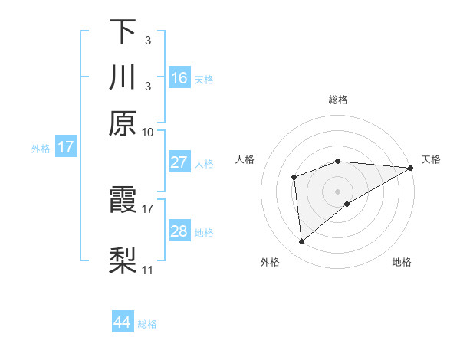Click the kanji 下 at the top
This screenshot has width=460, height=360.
(x=123, y=32)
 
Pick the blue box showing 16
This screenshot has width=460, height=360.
(x=179, y=78)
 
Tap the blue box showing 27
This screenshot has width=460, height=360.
(x=179, y=162)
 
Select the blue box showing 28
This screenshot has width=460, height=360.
(x=179, y=231)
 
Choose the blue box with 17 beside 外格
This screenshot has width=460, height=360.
(x=66, y=147)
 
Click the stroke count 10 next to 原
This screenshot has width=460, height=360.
(x=148, y=132)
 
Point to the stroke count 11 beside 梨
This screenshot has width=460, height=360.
(x=147, y=270)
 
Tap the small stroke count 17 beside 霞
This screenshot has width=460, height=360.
(x=148, y=208)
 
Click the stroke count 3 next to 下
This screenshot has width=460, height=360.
(x=147, y=40)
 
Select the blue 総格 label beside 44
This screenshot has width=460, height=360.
(x=147, y=324)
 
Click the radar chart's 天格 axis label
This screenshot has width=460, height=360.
(x=431, y=159)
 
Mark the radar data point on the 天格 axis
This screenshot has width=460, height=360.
(x=411, y=168)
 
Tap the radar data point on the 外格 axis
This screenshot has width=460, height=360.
(x=301, y=241)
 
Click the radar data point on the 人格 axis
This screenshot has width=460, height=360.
(x=294, y=178)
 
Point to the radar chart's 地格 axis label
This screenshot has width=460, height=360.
(x=402, y=263)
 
